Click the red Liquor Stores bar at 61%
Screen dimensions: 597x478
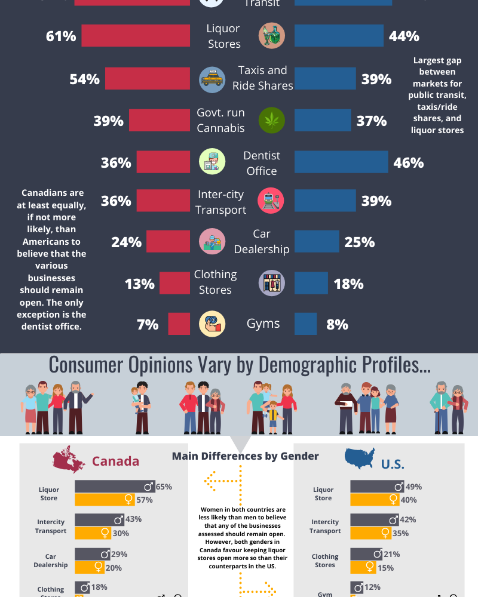(x=136, y=36)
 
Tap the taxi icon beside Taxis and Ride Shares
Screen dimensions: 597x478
(x=212, y=79)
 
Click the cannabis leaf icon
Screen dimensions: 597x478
(x=272, y=121)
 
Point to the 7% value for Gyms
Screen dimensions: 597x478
(x=148, y=324)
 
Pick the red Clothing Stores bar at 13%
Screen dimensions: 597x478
(x=174, y=283)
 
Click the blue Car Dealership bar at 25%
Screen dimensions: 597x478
(x=317, y=242)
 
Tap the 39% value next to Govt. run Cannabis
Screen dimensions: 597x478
(x=108, y=121)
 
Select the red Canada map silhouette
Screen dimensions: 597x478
(x=69, y=459)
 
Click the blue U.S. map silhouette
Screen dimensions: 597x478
(x=360, y=458)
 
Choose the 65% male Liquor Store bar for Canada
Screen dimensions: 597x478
(x=114, y=487)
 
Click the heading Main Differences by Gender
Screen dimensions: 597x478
(x=246, y=456)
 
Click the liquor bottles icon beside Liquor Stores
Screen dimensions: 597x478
(x=272, y=36)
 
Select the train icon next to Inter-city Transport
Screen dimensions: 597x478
(x=271, y=201)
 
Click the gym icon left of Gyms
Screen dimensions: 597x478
(x=212, y=324)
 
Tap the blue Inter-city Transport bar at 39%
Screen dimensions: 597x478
(x=325, y=201)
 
